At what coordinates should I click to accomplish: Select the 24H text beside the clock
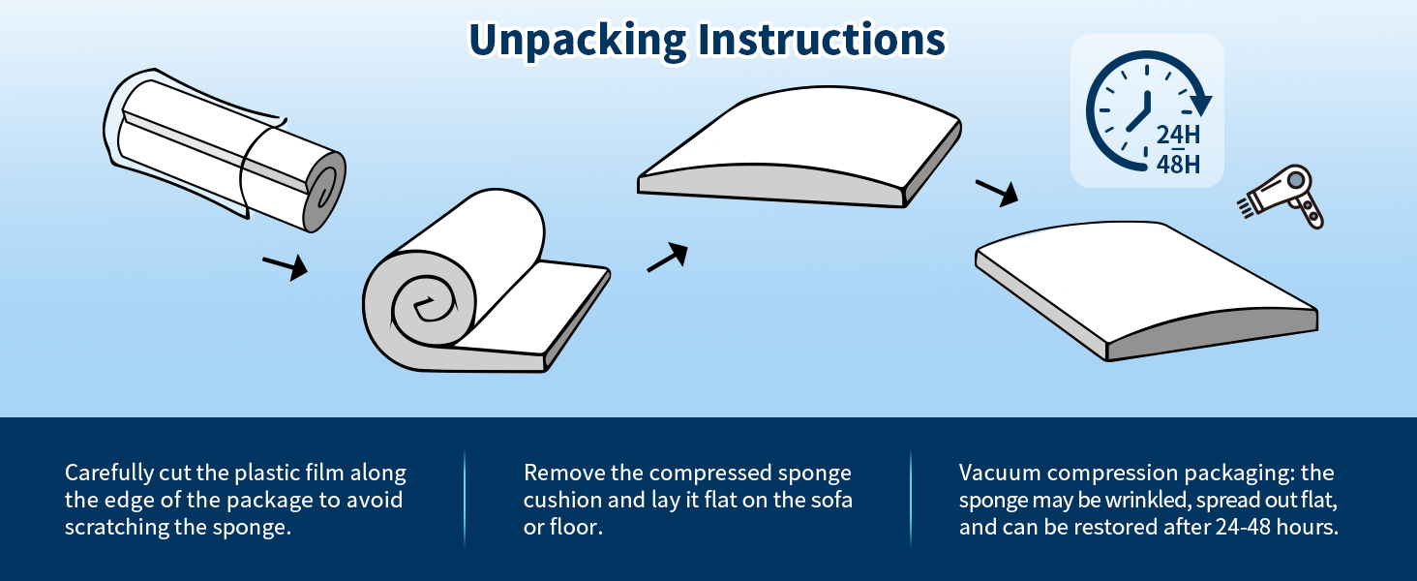(1178, 134)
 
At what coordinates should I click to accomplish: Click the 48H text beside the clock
(1178, 165)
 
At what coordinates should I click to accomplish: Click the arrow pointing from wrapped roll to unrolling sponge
(285, 265)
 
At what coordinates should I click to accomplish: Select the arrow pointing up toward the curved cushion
(667, 257)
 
